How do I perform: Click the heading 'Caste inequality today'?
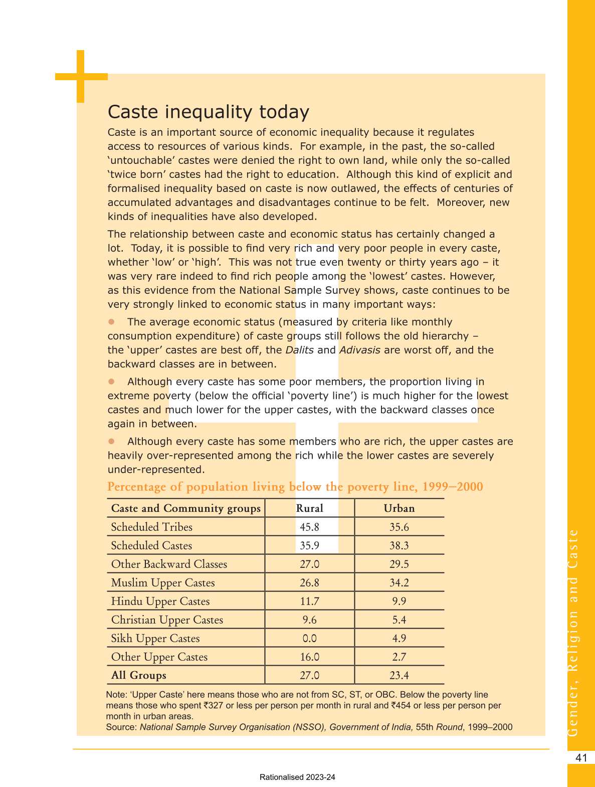tap(209, 112)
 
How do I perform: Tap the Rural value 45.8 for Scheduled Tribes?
tap(309, 527)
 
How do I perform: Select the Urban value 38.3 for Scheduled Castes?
tap(399, 545)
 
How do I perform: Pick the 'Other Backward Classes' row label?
tap(169, 564)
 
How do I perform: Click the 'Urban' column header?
tap(399, 508)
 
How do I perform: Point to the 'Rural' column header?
tap(309, 508)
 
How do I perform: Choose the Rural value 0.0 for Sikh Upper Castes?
tap(309, 638)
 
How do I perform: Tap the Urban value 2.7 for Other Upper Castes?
tap(399, 657)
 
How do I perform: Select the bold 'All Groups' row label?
tap(138, 675)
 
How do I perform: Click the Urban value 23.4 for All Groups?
tap(399, 675)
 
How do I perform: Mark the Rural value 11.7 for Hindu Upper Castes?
tap(309, 601)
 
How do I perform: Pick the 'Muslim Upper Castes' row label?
tap(163, 582)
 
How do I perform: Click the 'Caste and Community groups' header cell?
tap(186, 508)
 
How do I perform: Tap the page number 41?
tap(581, 757)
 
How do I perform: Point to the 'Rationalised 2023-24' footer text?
tap(297, 777)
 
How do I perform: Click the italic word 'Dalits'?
tap(299, 350)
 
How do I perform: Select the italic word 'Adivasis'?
tap(360, 350)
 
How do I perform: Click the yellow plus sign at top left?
tap(80, 77)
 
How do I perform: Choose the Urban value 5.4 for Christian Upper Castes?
tap(399, 620)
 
